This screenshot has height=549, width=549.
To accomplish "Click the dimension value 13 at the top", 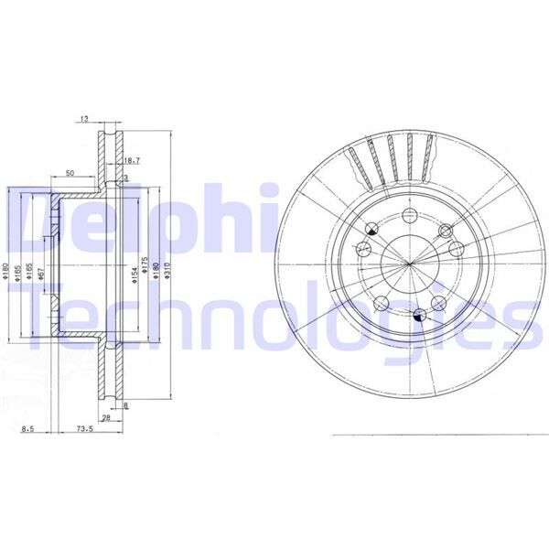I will [x=84, y=119].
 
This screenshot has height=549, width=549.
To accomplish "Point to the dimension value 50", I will [x=70, y=172].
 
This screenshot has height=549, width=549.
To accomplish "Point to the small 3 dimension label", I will [x=126, y=178].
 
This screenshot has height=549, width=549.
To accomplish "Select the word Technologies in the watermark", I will [x=274, y=320].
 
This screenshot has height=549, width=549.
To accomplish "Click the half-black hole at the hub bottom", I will [x=419, y=316].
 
